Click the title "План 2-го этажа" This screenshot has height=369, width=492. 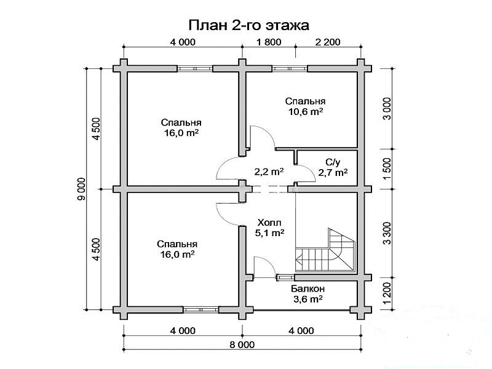click(248, 25)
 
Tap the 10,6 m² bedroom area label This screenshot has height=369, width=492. click(306, 112)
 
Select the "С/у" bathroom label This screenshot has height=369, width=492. click(333, 162)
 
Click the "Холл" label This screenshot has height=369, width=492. click(269, 223)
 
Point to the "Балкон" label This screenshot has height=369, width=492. click(307, 288)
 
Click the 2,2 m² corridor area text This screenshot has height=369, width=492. click(269, 172)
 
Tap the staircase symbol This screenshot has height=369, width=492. click(325, 250)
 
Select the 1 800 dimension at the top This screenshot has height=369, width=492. click(269, 42)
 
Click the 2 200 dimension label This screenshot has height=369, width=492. click(328, 42)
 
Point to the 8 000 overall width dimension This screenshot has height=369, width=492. click(242, 345)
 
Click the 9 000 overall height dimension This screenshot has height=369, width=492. click(81, 189)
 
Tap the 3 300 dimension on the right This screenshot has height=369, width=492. click(387, 233)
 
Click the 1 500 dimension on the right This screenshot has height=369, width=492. click(387, 169)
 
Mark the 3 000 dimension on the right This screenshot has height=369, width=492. click(387, 109)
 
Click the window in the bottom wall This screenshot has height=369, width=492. click(201, 310)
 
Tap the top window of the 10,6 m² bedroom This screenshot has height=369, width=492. click(289, 68)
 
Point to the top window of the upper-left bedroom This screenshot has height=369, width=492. click(195, 68)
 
